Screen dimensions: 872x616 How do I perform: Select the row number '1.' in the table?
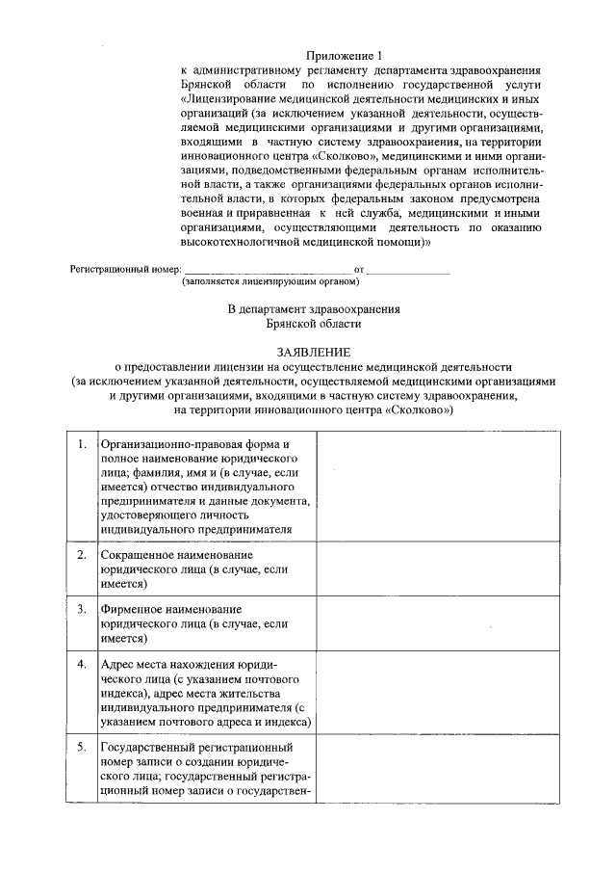click(x=82, y=445)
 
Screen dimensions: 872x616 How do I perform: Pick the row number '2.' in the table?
click(x=82, y=557)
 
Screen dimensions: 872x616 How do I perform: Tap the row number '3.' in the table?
click(x=82, y=610)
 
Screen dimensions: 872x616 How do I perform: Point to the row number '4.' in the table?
click(x=82, y=665)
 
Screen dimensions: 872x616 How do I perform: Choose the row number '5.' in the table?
click(x=82, y=748)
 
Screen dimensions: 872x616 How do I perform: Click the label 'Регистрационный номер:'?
click(x=125, y=271)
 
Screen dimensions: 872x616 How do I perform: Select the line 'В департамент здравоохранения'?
click(x=314, y=309)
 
